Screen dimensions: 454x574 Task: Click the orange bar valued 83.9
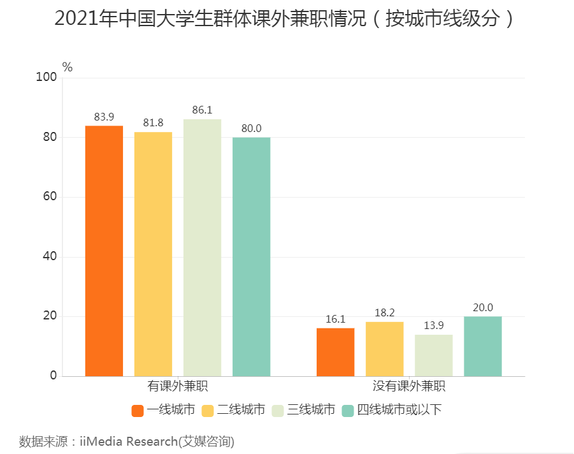point(104,251)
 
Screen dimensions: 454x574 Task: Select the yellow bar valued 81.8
point(153,254)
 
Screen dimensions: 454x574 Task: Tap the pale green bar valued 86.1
point(202,247)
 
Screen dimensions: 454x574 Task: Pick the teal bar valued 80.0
point(251,256)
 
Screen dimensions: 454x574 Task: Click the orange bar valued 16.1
point(335,352)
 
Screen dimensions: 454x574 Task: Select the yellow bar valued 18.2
point(384,349)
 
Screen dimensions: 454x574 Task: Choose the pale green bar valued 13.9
point(433,355)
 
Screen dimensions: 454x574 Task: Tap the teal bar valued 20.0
point(482,346)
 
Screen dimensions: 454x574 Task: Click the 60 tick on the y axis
point(50,197)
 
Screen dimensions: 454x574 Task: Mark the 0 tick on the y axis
point(54,376)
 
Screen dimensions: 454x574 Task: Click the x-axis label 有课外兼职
point(178,386)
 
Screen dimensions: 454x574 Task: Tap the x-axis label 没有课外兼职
point(408,386)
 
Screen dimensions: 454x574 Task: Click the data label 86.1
point(202,110)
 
